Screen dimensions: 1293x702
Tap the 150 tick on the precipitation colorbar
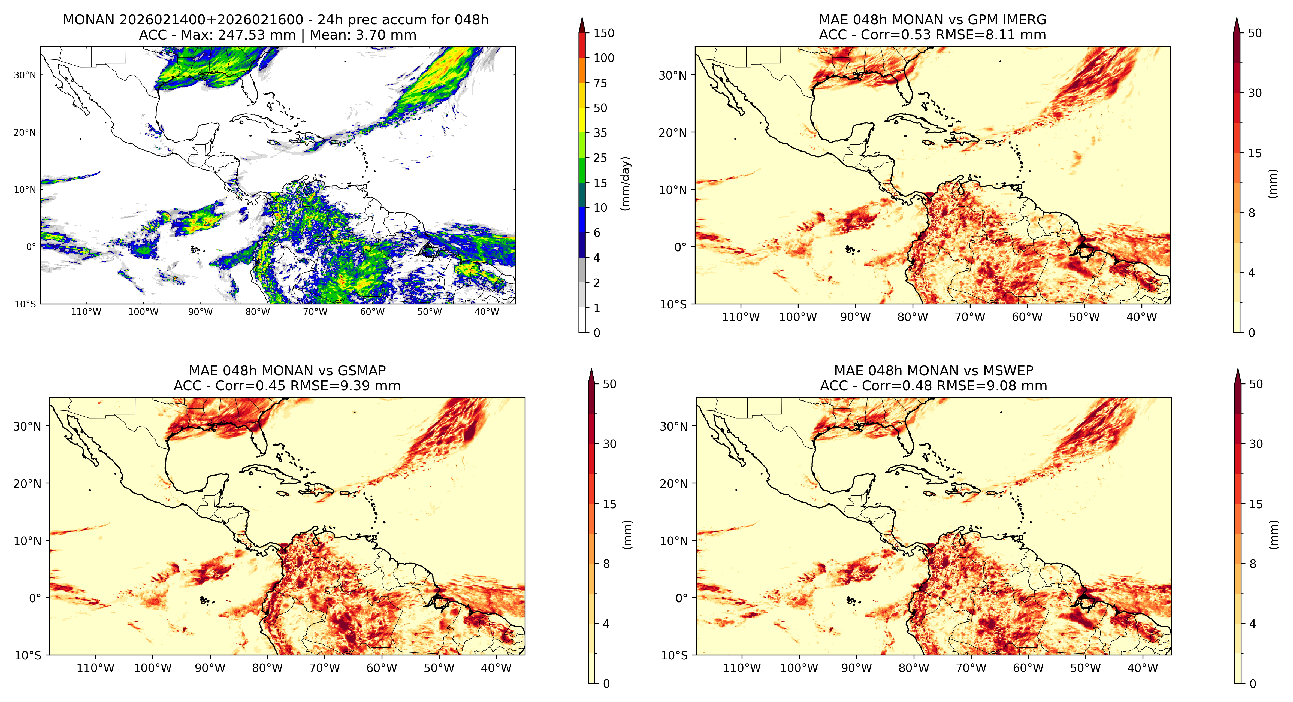tap(604, 33)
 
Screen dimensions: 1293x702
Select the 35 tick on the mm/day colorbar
tap(600, 133)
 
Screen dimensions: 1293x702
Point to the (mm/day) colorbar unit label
tap(626, 183)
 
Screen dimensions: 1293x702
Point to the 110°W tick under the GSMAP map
tap(95, 668)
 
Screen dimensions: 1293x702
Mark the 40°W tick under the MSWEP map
tap(1143, 668)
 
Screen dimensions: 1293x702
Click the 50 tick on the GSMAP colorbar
tap(609, 384)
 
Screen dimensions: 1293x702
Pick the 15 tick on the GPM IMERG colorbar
tap(1255, 153)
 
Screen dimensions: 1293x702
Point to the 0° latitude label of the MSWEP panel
tap(681, 598)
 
